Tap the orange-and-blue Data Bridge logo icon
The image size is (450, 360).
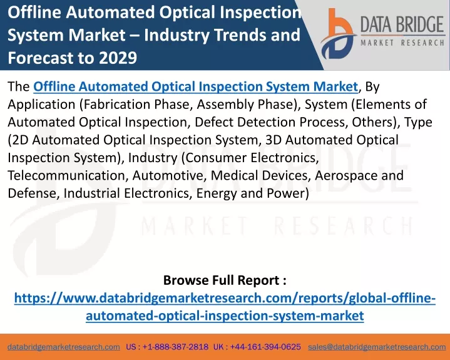(338, 34)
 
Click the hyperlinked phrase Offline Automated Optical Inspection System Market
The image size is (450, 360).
(196, 86)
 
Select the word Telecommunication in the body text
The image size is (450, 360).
(68, 175)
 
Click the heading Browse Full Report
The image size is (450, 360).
(225, 280)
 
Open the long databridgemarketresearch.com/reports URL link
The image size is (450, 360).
(225, 307)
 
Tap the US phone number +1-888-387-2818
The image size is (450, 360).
(175, 347)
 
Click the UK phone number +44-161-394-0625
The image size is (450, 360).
(265, 347)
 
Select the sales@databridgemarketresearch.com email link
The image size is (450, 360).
(377, 347)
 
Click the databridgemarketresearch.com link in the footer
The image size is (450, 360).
(64, 347)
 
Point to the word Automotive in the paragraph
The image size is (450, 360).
(170, 175)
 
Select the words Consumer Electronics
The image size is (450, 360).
(251, 158)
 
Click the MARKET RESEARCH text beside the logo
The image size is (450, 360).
(402, 43)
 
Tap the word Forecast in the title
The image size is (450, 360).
(41, 58)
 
